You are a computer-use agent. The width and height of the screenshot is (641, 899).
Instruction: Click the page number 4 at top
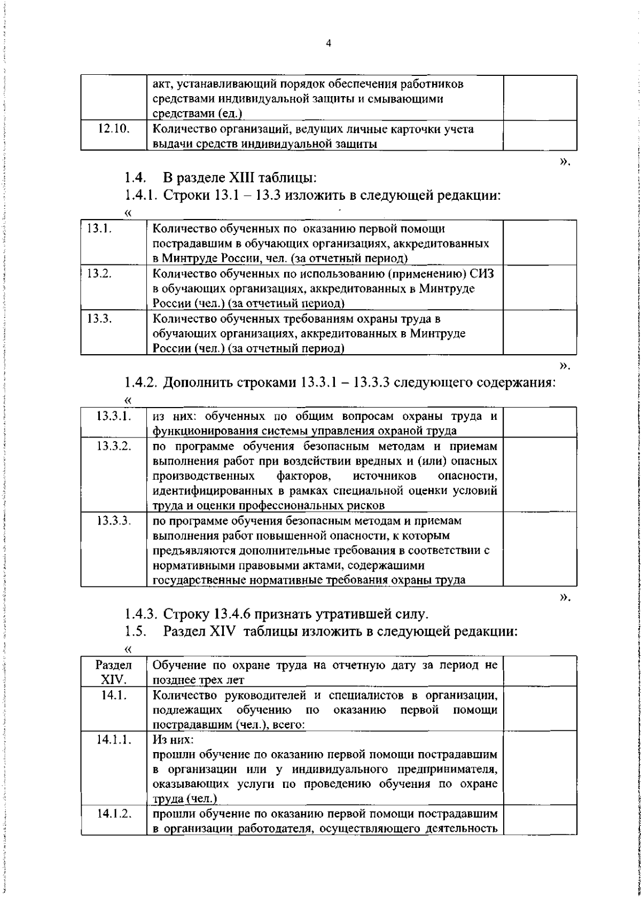(328, 44)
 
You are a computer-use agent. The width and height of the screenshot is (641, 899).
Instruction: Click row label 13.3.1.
(114, 416)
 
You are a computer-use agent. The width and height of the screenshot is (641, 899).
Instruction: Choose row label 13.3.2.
(114, 446)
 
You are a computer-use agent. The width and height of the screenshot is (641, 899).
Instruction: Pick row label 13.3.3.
(114, 520)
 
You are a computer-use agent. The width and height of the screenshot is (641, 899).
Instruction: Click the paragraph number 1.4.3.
(141, 614)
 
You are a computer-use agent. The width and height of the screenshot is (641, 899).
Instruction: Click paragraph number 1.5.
(136, 631)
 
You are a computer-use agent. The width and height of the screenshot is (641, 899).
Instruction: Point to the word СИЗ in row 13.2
(482, 274)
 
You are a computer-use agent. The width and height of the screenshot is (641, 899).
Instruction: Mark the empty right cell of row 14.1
(540, 709)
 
